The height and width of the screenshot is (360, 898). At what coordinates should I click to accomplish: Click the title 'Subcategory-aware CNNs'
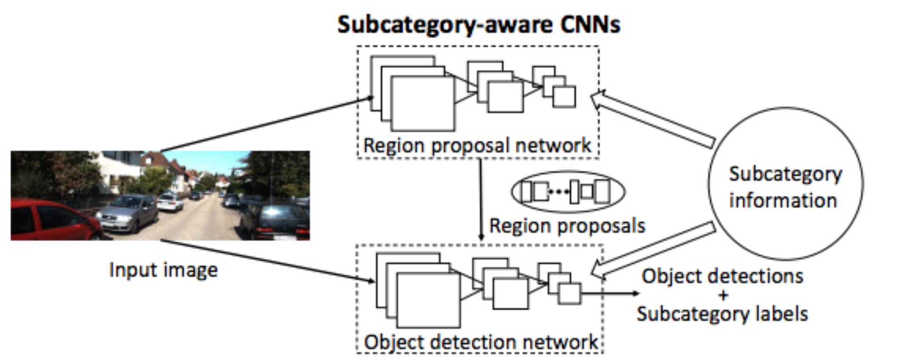[478, 24]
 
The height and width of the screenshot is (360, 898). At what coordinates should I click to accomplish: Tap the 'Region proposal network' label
[477, 145]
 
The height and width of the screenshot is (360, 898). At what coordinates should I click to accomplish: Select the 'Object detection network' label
[481, 342]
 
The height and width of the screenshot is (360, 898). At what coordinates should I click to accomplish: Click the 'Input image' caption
[163, 270]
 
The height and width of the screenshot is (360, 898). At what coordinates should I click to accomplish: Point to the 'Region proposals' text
[567, 226]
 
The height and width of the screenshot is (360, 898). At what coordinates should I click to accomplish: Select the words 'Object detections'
[722, 276]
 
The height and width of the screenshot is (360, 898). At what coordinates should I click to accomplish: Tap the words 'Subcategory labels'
[722, 313]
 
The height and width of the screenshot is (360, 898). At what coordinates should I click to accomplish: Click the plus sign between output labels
[723, 295]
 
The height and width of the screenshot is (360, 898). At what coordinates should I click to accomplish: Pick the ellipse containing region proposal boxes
[567, 192]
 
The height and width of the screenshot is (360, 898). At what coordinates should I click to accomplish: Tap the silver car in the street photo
[128, 214]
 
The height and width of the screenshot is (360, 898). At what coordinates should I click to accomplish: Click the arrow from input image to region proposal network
[266, 125]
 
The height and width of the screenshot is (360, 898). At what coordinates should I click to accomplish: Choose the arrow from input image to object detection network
[266, 261]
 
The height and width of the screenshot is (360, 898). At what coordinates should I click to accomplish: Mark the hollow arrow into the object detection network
[654, 249]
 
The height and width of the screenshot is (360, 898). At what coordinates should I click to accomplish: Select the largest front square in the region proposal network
[423, 103]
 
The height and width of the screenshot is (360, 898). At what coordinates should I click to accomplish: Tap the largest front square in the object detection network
[428, 300]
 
